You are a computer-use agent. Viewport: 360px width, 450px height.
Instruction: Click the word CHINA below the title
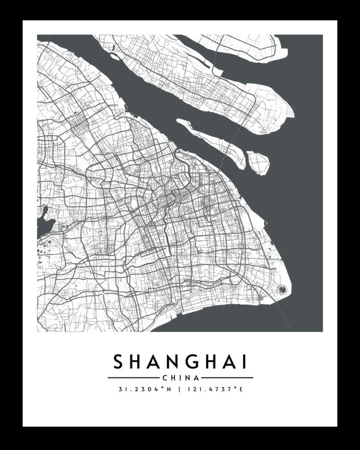pos(180,377)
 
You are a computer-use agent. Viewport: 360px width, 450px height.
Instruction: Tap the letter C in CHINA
pos(165,377)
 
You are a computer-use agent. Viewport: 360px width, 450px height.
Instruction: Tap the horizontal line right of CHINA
pos(228,377)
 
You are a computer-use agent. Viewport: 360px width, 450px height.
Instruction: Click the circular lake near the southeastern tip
pos(282,290)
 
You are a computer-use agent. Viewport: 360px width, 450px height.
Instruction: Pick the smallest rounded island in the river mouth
pos(257,160)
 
